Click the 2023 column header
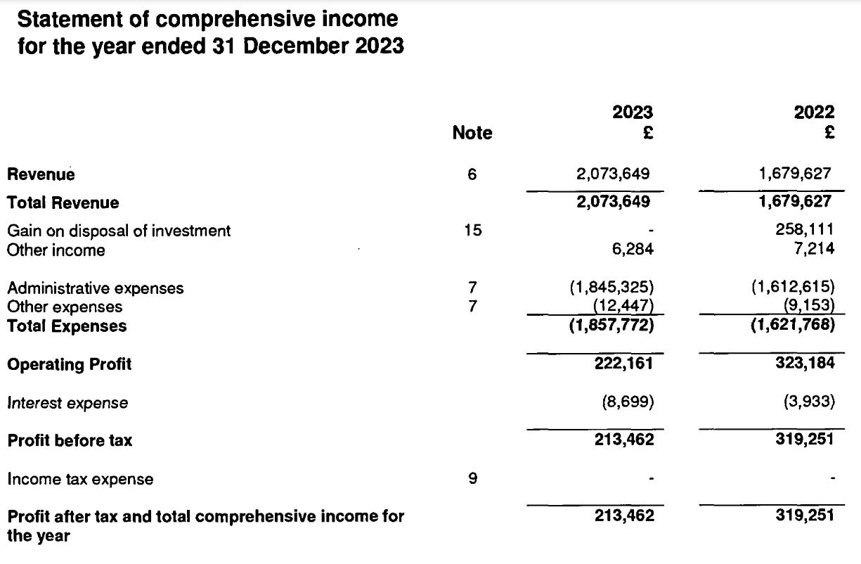[x=633, y=113]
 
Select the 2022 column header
[x=815, y=113]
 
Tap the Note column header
[x=472, y=133]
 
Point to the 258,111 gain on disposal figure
[x=808, y=231]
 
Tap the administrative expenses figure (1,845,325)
[x=611, y=288]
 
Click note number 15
[x=472, y=231]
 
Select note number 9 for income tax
[x=472, y=479]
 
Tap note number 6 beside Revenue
[x=472, y=174]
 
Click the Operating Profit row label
[x=70, y=364]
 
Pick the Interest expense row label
[x=67, y=403]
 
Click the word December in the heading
[x=290, y=46]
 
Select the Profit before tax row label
[x=70, y=441]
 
